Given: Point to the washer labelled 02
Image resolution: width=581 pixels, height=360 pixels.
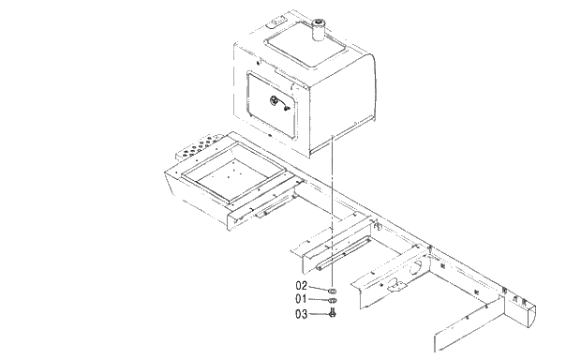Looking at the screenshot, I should (x=334, y=291).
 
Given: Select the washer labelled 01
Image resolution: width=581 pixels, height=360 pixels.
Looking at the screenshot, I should (x=334, y=302).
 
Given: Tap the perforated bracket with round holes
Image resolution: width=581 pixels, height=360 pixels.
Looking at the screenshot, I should (x=199, y=147).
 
